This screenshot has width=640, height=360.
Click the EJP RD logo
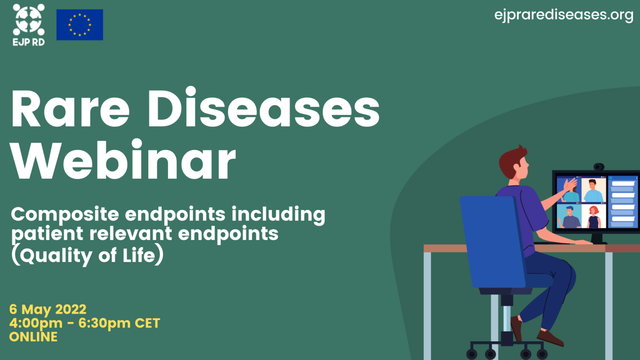click(x=28, y=24)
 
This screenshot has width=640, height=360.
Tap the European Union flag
click(x=80, y=25)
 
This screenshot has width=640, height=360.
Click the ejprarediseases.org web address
click(x=563, y=15)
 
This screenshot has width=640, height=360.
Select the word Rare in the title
click(x=70, y=109)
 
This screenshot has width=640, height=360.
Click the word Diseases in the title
click(x=263, y=109)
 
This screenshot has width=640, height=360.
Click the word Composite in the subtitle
click(x=65, y=215)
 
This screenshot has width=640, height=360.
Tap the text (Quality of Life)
click(x=87, y=255)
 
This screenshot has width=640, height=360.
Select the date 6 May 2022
click(x=48, y=310)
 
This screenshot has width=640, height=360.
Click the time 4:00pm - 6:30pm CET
click(x=85, y=323)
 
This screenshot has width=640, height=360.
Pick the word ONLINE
click(x=33, y=337)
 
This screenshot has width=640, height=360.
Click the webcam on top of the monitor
click(x=599, y=167)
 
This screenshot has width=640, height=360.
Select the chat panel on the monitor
click(x=622, y=202)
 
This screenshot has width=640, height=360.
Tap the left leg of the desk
click(x=427, y=304)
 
